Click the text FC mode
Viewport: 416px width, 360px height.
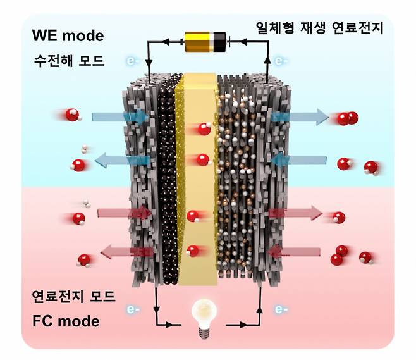(66, 321)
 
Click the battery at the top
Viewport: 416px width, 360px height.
(203, 42)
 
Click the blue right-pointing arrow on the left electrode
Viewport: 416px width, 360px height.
(120, 117)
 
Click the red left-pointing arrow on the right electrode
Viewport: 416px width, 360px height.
(295, 252)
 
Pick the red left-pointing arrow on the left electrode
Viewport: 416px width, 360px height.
(123, 252)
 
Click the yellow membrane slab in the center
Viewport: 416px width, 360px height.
(197, 190)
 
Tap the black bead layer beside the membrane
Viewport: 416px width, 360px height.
(169, 183)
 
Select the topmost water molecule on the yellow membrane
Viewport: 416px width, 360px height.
(204, 129)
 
